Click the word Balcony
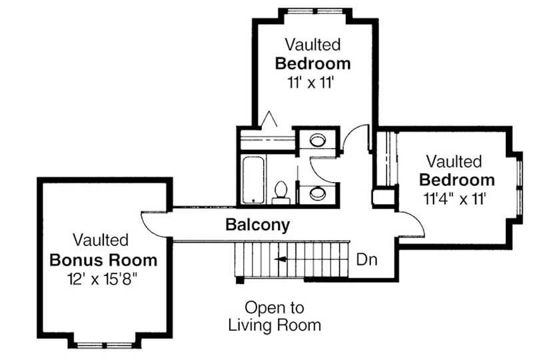258,225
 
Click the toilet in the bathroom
280,191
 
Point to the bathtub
253,179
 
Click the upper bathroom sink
316,141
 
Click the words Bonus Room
104,259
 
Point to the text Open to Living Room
274,317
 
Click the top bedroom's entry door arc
356,137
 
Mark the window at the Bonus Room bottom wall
103,345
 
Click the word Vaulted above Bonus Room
101,239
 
